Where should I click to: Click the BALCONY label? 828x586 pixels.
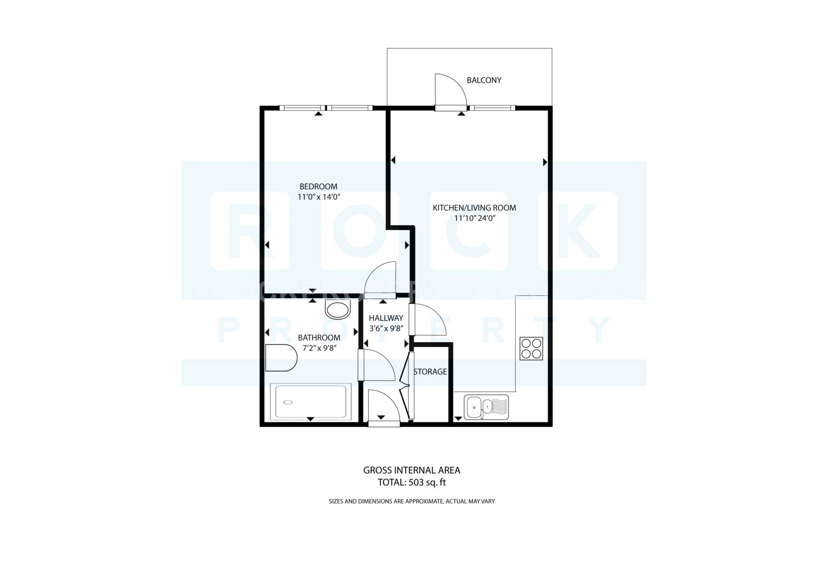(484, 80)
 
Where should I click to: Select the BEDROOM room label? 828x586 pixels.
(318, 186)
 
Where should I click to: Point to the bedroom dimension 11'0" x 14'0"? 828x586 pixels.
(319, 197)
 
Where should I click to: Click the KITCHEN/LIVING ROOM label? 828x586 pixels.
(474, 208)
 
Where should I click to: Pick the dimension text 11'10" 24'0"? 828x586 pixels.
(475, 218)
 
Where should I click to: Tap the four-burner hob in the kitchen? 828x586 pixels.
(531, 349)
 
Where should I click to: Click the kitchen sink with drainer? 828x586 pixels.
(486, 407)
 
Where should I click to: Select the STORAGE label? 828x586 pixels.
(430, 372)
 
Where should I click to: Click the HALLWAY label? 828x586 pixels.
(386, 318)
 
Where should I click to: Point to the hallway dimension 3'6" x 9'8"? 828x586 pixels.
(386, 328)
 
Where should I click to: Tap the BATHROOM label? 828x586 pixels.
(319, 337)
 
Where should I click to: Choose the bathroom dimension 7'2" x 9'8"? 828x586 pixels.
(319, 348)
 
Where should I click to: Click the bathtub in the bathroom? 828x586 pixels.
(310, 402)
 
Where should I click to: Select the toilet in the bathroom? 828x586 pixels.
(281, 358)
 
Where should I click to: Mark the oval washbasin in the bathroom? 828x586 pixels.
(338, 309)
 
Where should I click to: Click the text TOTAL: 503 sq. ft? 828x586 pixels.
(411, 482)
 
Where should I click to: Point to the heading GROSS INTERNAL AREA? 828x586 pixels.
(411, 470)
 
